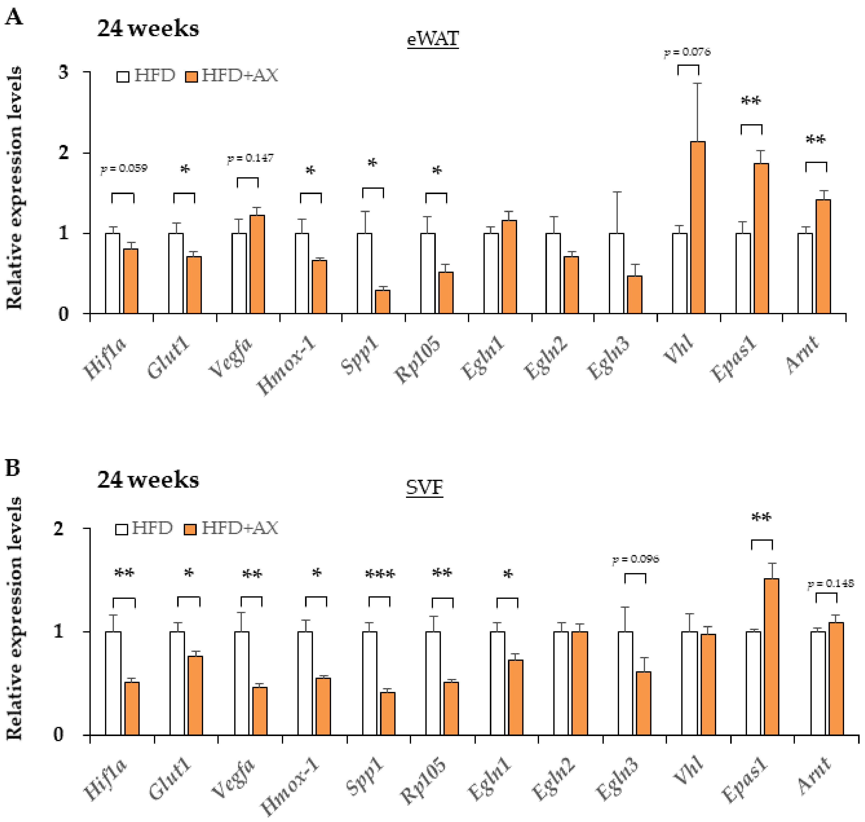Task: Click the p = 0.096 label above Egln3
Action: [635, 559]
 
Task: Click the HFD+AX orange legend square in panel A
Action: [191, 77]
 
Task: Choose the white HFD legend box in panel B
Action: [121, 529]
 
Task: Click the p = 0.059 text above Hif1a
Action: [124, 168]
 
